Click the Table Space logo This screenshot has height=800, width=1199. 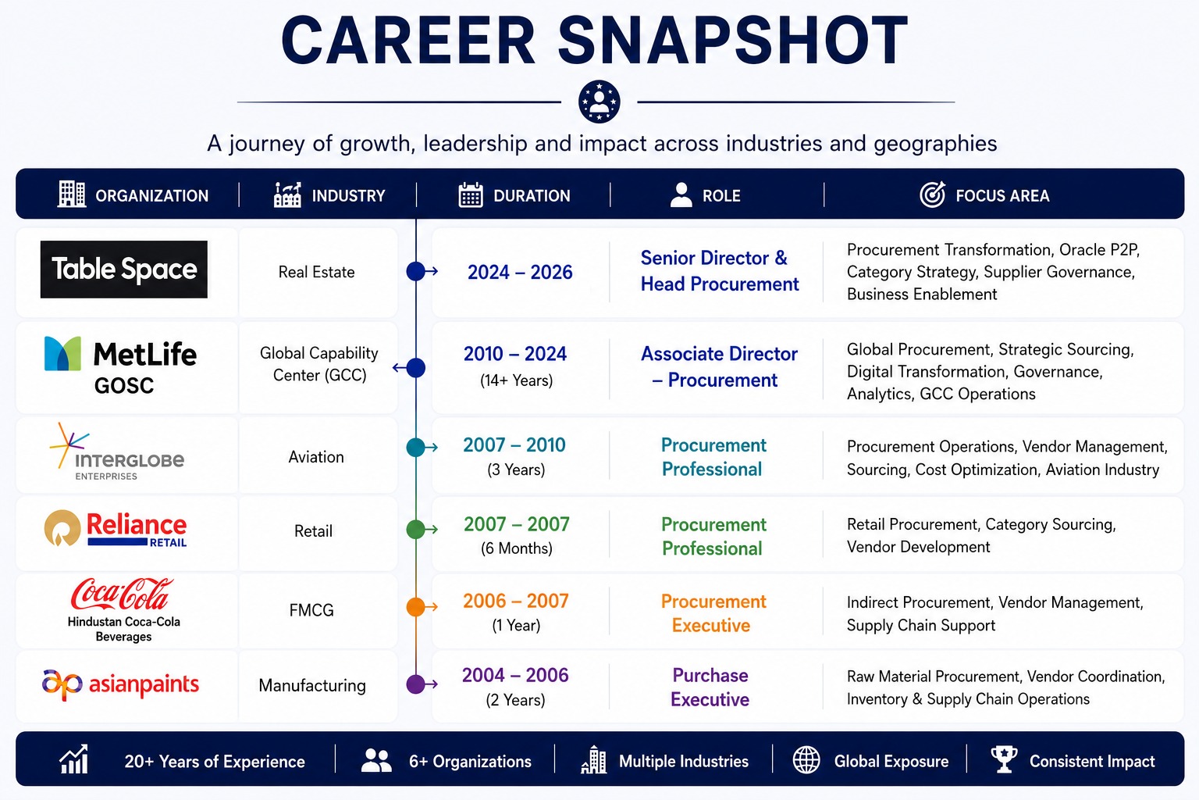[x=123, y=269]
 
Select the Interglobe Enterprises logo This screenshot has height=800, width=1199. [x=116, y=452]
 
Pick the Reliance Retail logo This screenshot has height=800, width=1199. [x=116, y=528]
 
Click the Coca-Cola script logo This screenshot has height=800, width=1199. [x=123, y=594]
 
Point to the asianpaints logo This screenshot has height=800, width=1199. [x=120, y=684]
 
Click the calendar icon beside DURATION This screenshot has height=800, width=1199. [x=471, y=195]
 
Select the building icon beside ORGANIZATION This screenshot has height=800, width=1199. [x=72, y=194]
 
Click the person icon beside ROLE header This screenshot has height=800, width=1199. [x=681, y=195]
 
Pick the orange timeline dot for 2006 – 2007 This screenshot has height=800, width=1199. [x=415, y=606]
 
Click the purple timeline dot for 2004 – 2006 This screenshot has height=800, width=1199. [x=415, y=684]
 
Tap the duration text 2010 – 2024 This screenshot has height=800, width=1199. [x=515, y=354]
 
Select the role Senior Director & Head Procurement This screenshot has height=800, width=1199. [x=720, y=271]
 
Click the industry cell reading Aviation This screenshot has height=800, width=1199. [x=316, y=457]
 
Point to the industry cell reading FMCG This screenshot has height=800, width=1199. [x=311, y=610]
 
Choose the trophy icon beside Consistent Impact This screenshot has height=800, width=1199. [x=1004, y=760]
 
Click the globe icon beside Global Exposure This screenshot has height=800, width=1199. [x=806, y=760]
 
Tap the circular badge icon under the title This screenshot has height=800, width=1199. [x=599, y=102]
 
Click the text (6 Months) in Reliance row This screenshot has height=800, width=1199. [x=517, y=548]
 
